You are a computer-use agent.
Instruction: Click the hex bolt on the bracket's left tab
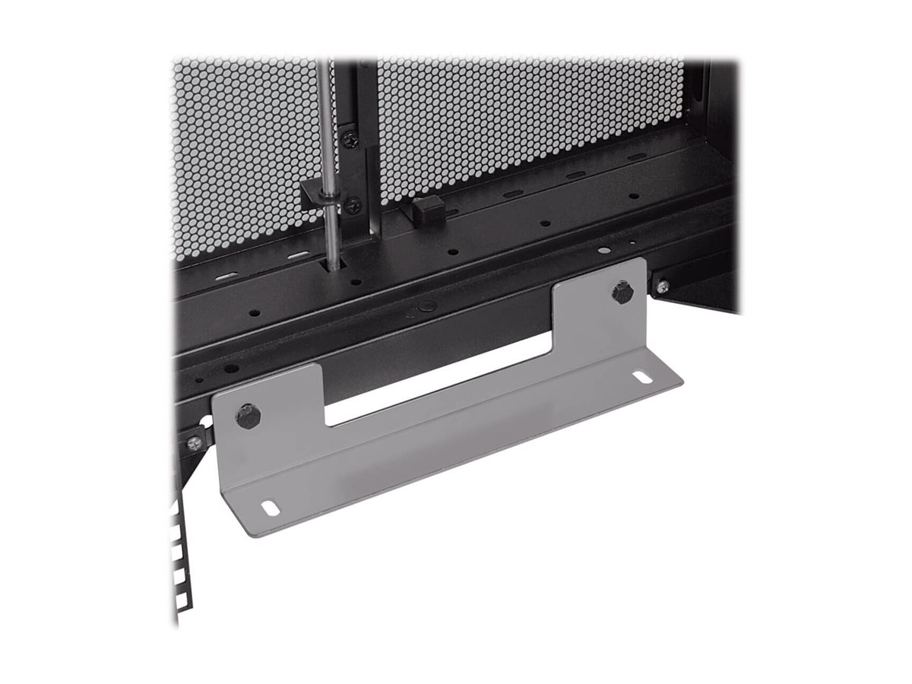tap(249, 415)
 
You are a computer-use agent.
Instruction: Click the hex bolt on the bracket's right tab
tap(622, 293)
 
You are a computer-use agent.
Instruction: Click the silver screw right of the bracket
tap(663, 286)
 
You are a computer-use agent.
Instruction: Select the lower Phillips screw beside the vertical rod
tap(353, 204)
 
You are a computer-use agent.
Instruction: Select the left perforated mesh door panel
tap(243, 144)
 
